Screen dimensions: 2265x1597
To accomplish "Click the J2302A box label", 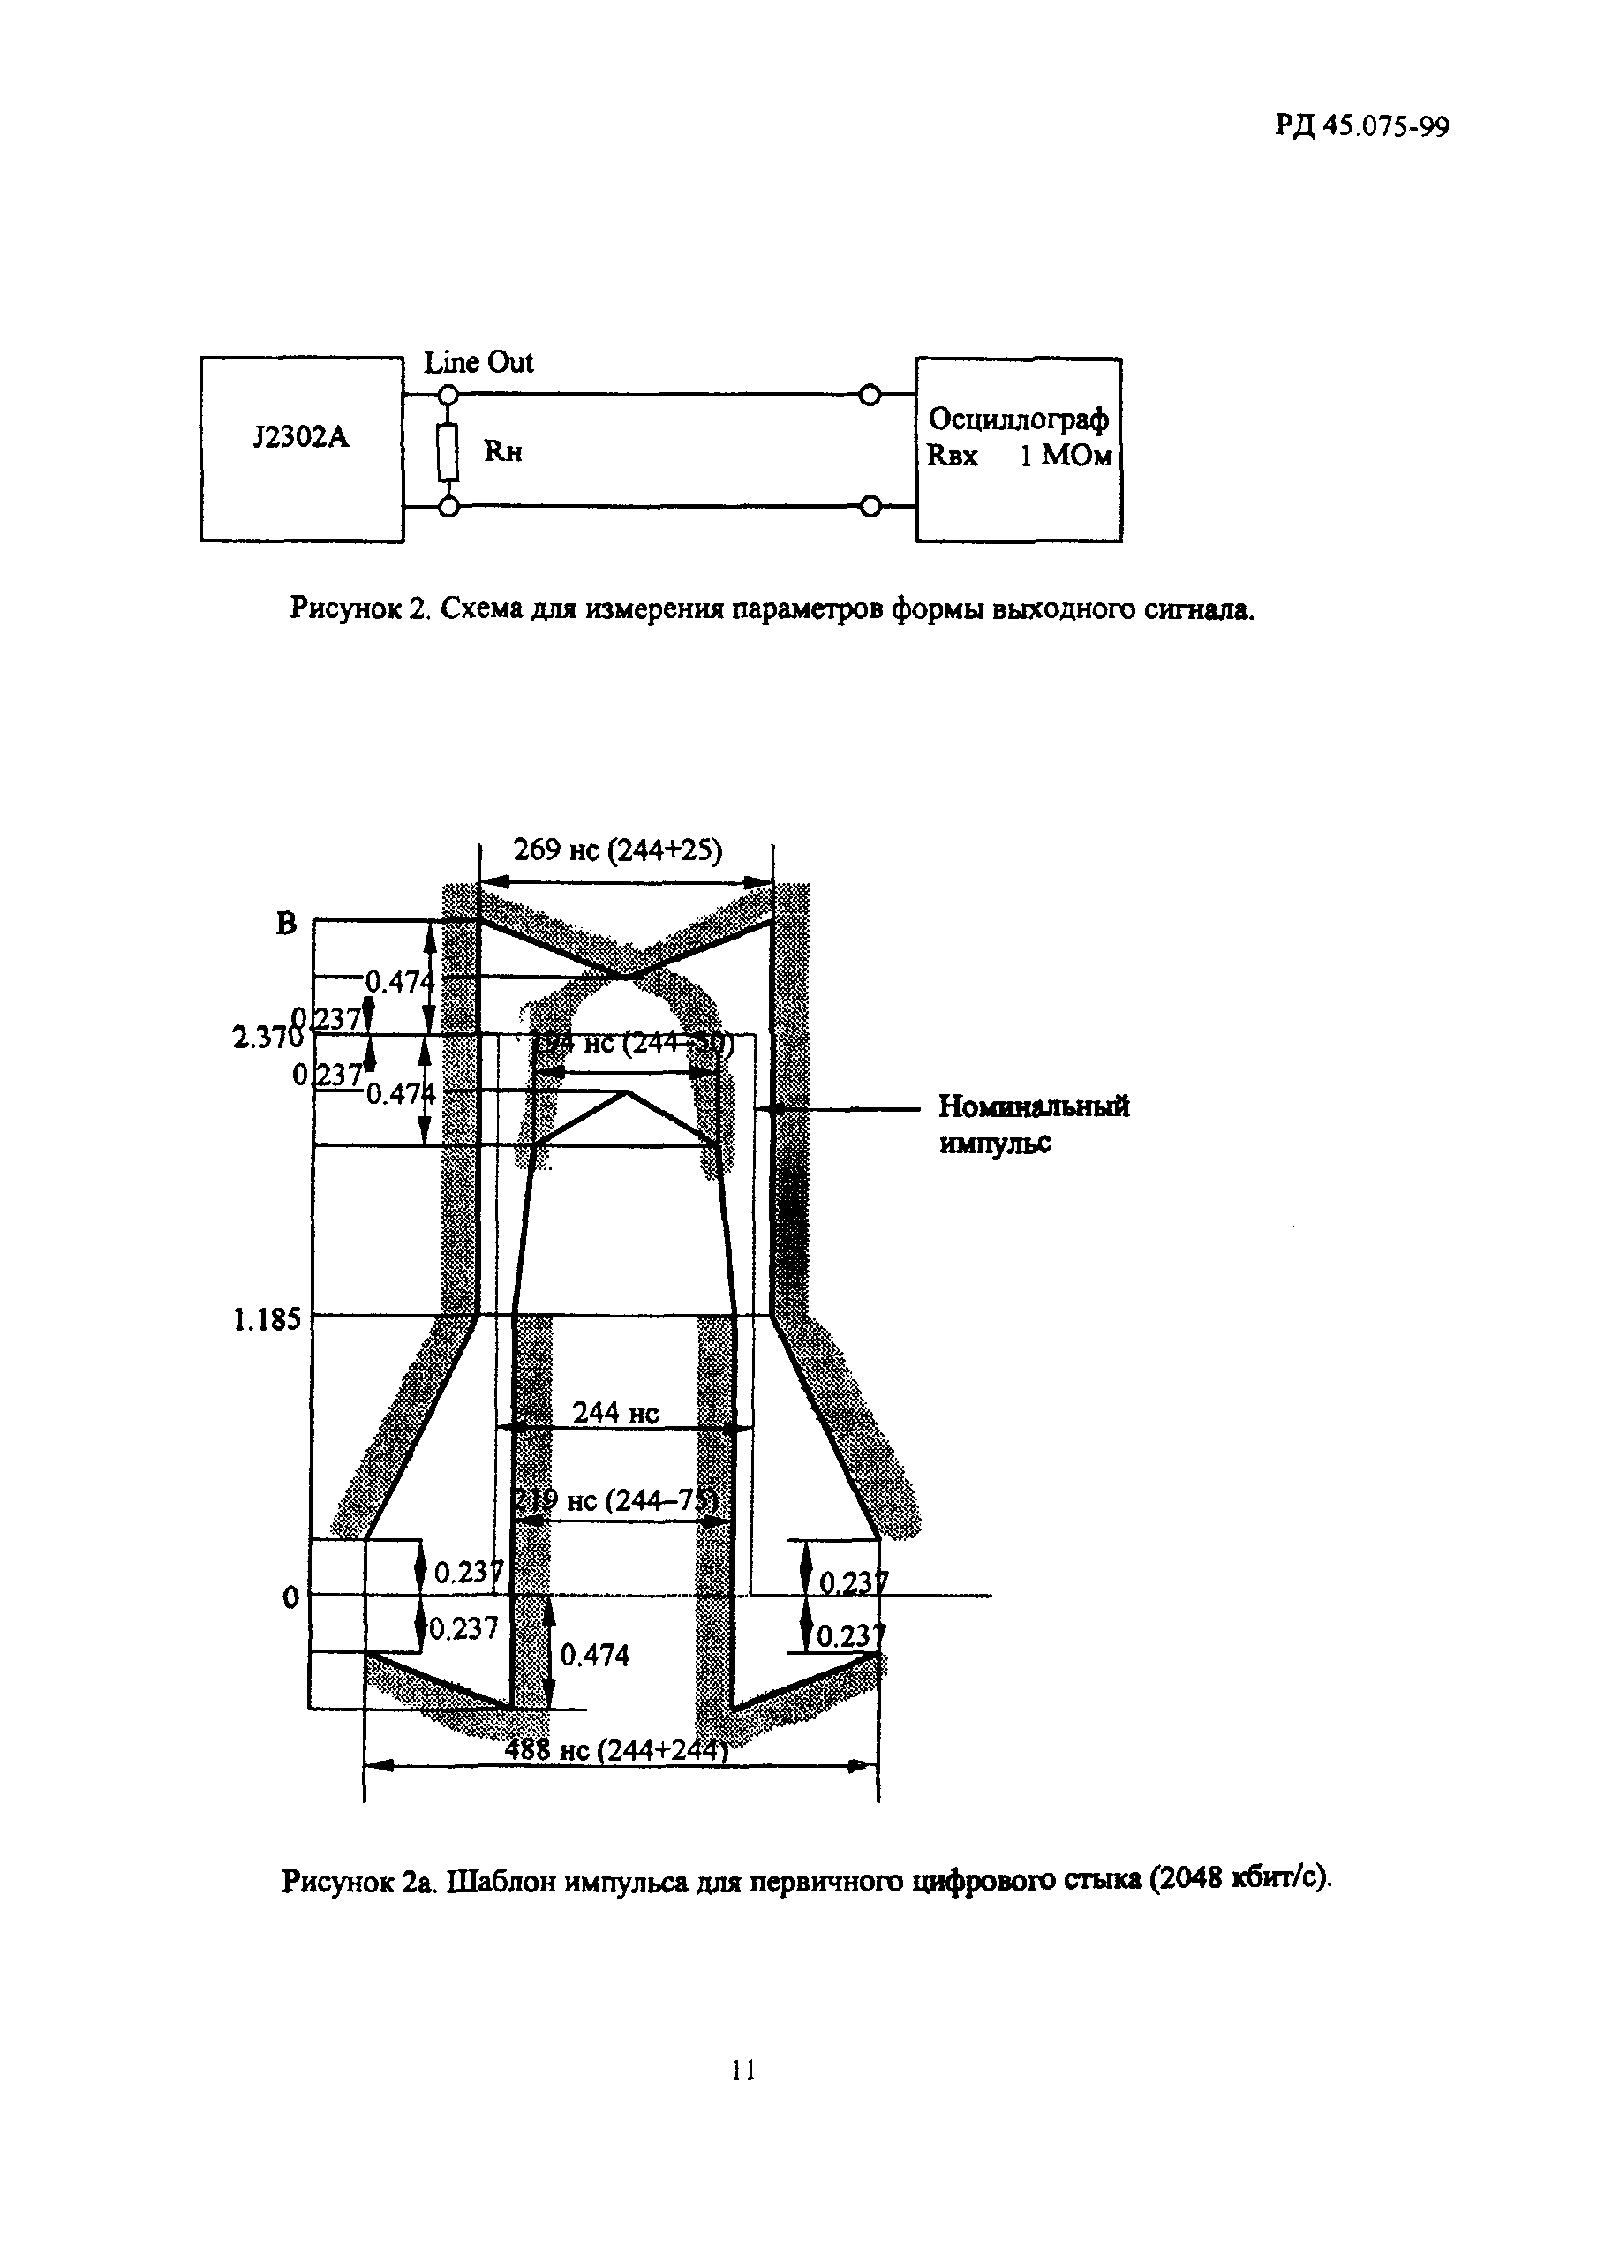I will pyautogui.click(x=301, y=437).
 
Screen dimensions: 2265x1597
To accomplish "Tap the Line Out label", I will pyautogui.click(x=478, y=363).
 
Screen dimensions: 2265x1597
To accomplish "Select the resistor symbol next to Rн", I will pyautogui.click(x=448, y=451).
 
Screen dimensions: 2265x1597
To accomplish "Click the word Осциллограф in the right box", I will pyautogui.click(x=1018, y=419).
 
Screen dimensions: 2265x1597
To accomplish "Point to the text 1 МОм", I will pyautogui.click(x=1066, y=457).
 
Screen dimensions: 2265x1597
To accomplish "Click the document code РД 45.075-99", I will pyautogui.click(x=1361, y=126).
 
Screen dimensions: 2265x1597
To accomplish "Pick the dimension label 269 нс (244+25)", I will pyautogui.click(x=617, y=849).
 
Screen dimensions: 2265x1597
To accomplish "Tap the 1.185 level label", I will pyautogui.click(x=267, y=1320).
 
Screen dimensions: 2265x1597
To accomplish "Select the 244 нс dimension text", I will pyautogui.click(x=615, y=1413).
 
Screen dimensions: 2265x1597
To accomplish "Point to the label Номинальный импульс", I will pyautogui.click(x=1033, y=1123).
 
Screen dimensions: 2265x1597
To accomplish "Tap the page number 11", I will pyautogui.click(x=743, y=2070).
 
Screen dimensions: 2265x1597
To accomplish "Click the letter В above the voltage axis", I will pyautogui.click(x=286, y=924).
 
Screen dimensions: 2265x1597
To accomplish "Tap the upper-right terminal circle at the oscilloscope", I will pyautogui.click(x=869, y=396).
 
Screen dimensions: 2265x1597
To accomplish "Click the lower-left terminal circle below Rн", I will pyautogui.click(x=448, y=507).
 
